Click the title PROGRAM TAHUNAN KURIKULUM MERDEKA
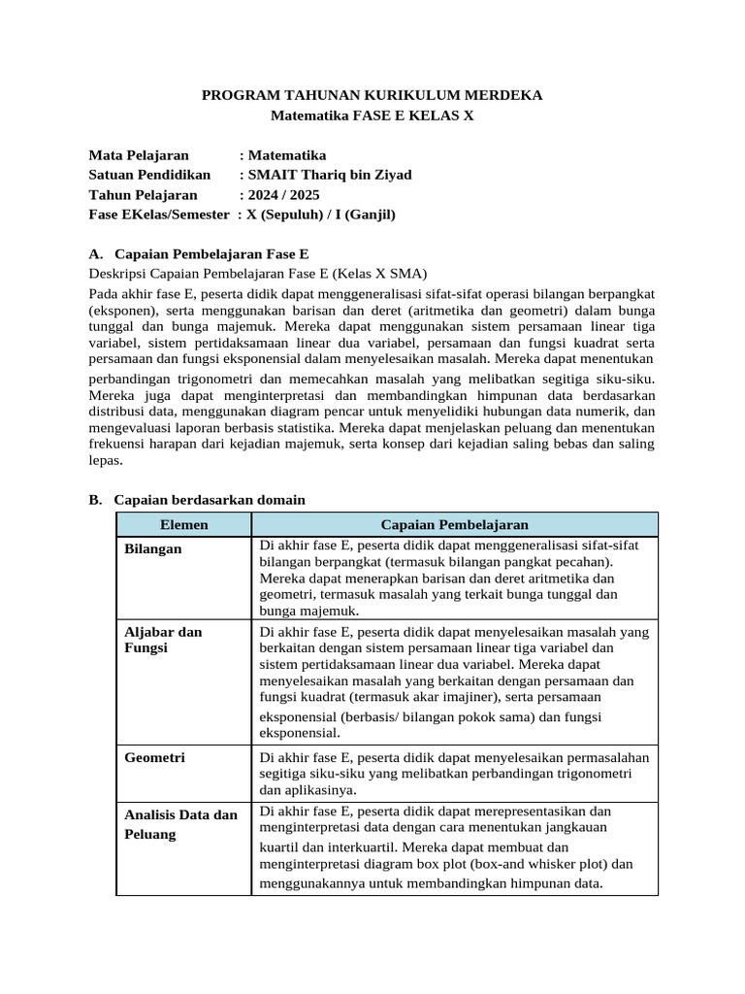point(372,95)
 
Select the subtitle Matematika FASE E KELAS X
point(372,116)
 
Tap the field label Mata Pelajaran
point(139,155)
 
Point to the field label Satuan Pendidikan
point(149,175)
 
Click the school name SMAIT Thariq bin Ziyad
point(330,175)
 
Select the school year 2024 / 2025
point(284,195)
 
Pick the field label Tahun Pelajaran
point(143,195)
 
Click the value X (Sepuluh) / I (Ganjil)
point(322,215)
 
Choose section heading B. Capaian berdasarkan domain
point(197,500)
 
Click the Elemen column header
point(183,525)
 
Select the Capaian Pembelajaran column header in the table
point(454,525)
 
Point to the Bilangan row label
point(153,549)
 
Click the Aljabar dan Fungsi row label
point(163,640)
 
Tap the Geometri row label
point(154,757)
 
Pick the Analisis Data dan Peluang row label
point(180,824)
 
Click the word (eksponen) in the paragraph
point(124,309)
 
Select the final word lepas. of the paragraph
point(106,462)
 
